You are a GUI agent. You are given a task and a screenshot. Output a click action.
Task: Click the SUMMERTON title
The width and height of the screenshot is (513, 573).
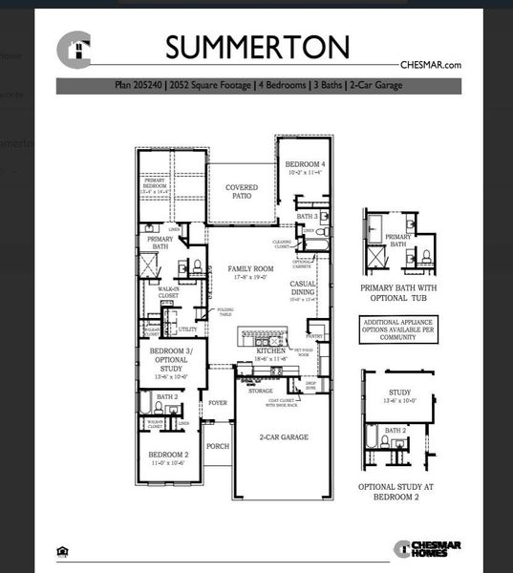(x=257, y=47)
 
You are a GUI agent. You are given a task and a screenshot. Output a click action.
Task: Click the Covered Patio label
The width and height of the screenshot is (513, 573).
(x=242, y=192)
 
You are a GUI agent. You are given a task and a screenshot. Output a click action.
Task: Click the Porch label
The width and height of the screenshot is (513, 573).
(x=218, y=446)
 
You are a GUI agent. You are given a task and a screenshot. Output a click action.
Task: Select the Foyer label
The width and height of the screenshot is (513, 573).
(x=218, y=403)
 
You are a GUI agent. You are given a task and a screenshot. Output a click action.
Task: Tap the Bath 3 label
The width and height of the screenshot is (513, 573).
(x=307, y=217)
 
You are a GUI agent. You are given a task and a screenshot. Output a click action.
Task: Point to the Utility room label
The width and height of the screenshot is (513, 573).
(x=187, y=329)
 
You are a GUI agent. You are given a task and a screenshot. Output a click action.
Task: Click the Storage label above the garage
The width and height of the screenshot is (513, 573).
(x=261, y=391)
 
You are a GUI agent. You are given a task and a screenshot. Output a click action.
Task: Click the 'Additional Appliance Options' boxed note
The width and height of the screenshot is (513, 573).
(x=398, y=329)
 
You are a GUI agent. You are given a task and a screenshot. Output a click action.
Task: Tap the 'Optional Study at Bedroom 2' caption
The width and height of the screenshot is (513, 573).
(x=398, y=492)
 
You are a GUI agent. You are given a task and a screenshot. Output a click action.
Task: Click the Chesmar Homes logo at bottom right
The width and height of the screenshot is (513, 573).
(x=428, y=548)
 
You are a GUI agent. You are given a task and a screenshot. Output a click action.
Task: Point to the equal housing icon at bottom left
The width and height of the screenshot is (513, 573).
(x=63, y=550)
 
